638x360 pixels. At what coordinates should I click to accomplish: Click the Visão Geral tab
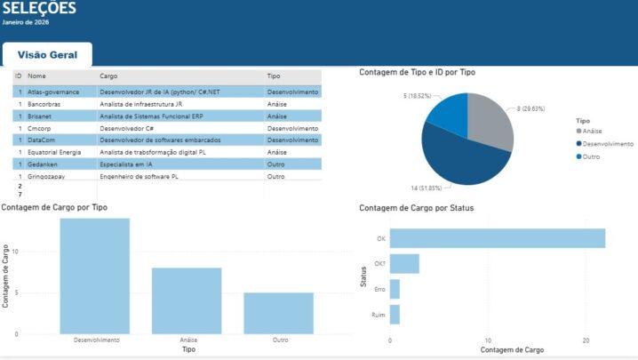(47, 54)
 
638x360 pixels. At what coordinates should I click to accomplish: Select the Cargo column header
(108, 76)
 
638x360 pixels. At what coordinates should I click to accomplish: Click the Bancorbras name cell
(44, 104)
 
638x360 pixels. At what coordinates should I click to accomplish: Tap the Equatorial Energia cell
(54, 152)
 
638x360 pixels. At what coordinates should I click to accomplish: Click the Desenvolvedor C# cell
(126, 128)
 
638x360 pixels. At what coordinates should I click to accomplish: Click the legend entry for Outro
(588, 156)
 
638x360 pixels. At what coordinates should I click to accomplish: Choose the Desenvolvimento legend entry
(604, 144)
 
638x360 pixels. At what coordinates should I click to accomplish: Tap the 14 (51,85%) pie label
(426, 188)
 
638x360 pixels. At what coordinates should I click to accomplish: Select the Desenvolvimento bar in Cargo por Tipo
(95, 276)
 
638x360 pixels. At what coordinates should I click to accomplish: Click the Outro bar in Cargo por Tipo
(279, 314)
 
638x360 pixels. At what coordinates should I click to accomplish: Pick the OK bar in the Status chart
(498, 238)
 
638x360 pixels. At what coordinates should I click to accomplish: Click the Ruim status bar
(395, 315)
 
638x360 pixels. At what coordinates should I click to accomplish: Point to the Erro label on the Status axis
(379, 289)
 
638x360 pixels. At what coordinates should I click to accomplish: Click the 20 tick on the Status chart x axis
(586, 340)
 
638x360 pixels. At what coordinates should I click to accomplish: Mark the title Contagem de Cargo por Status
(416, 208)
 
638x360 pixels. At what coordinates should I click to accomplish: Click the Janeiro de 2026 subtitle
(26, 22)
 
